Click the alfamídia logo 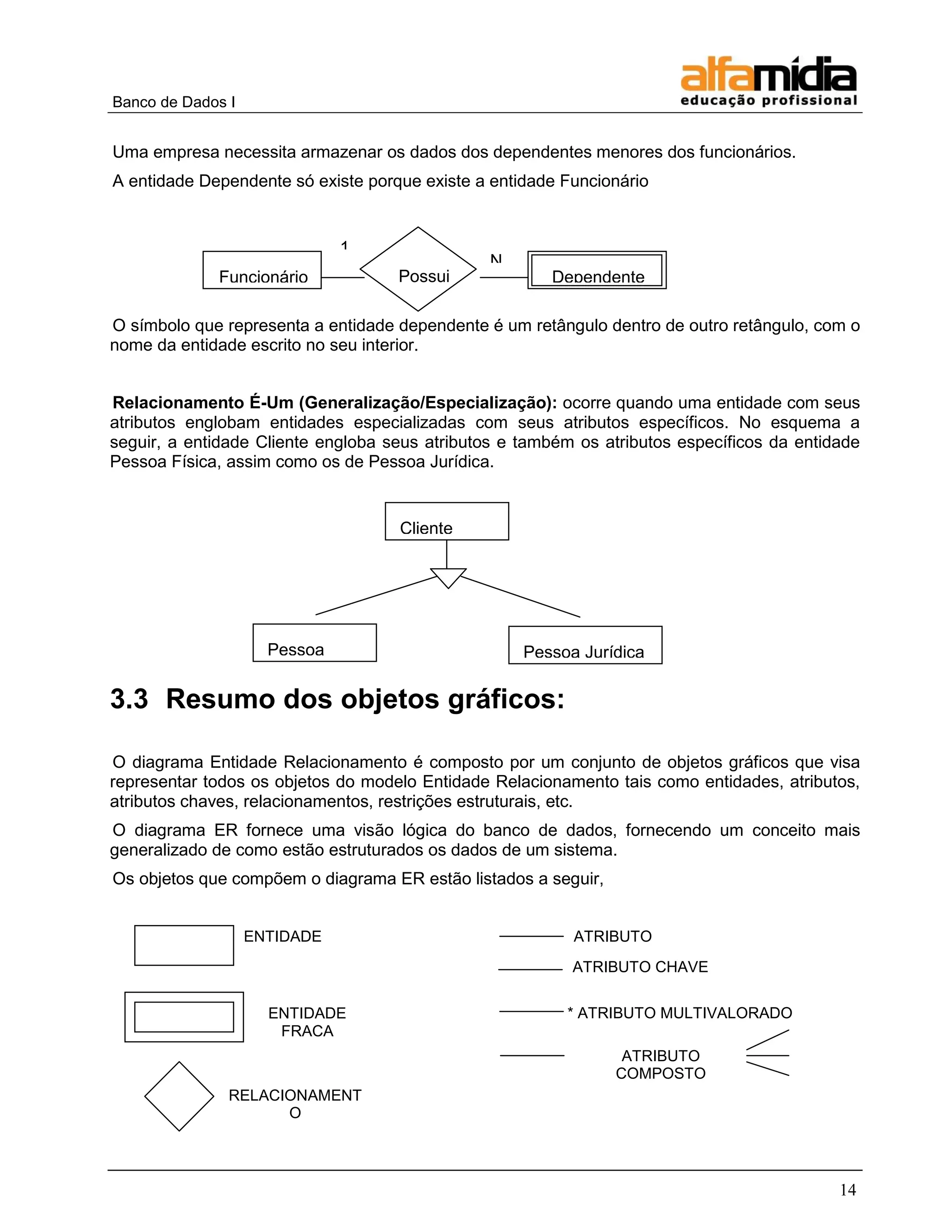click(x=768, y=81)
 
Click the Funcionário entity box click(x=262, y=270)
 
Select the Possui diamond click(x=418, y=269)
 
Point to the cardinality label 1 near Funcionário click(x=344, y=245)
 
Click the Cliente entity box click(x=447, y=521)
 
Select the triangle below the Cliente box click(x=448, y=577)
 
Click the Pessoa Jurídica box click(x=585, y=645)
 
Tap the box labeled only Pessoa click(x=314, y=643)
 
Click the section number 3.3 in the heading click(x=129, y=700)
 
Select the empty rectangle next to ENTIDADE click(x=184, y=945)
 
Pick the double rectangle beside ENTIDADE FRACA click(x=184, y=1017)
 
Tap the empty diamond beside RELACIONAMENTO click(x=179, y=1096)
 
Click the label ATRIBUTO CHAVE click(x=640, y=967)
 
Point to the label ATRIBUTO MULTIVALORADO click(x=684, y=1013)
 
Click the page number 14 click(x=848, y=1190)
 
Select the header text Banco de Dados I click(x=174, y=102)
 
